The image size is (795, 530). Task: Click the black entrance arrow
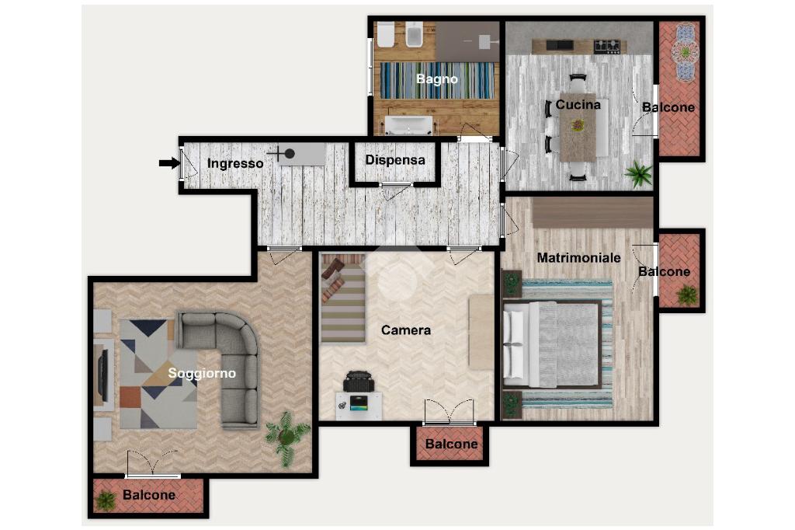coord(169,163)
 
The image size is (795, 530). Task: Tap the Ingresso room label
coord(235,163)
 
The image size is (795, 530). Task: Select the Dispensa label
coord(395,160)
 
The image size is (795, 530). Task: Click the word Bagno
coord(437,78)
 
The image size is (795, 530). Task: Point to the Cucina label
coord(578,105)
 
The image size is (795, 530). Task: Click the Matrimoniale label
coord(578,258)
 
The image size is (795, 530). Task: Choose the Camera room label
coord(405,330)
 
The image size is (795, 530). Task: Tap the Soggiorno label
coord(202,374)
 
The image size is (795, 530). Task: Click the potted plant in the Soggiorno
coord(287,437)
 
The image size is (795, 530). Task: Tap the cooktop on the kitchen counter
coord(607,46)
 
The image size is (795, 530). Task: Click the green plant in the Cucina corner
coord(638,175)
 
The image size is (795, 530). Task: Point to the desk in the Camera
coord(359,405)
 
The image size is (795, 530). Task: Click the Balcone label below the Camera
coord(451,445)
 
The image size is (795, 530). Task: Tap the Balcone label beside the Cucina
coord(668,107)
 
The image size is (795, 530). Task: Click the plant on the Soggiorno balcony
coord(106,500)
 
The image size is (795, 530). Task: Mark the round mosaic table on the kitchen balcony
coord(685,51)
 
